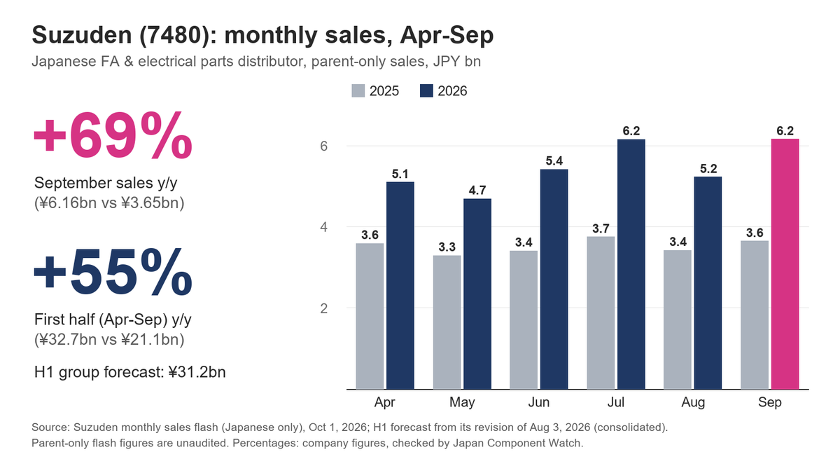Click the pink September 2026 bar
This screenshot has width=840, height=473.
tap(785, 264)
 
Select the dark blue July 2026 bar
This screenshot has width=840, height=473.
tap(631, 264)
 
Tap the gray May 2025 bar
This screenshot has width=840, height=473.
tap(447, 322)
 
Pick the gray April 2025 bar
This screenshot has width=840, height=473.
tap(370, 317)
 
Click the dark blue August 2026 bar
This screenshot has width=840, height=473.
tap(708, 283)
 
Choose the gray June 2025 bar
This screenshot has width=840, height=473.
tap(524, 320)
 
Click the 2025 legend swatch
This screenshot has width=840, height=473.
tap(358, 91)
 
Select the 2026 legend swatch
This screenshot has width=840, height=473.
tap(426, 91)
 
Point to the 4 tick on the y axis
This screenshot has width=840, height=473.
tap(323, 227)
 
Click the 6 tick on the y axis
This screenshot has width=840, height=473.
tap(323, 146)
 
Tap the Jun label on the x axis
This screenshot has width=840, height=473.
tap(539, 402)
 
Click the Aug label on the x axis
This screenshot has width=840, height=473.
tap(693, 402)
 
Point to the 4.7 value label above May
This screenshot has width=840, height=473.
tap(477, 191)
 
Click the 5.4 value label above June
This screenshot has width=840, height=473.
tap(554, 161)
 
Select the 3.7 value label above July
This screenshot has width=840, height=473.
tap(601, 228)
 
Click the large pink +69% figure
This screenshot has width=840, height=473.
tap(113, 135)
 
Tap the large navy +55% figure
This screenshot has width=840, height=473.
tap(113, 272)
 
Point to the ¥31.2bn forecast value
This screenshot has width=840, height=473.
tap(197, 372)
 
